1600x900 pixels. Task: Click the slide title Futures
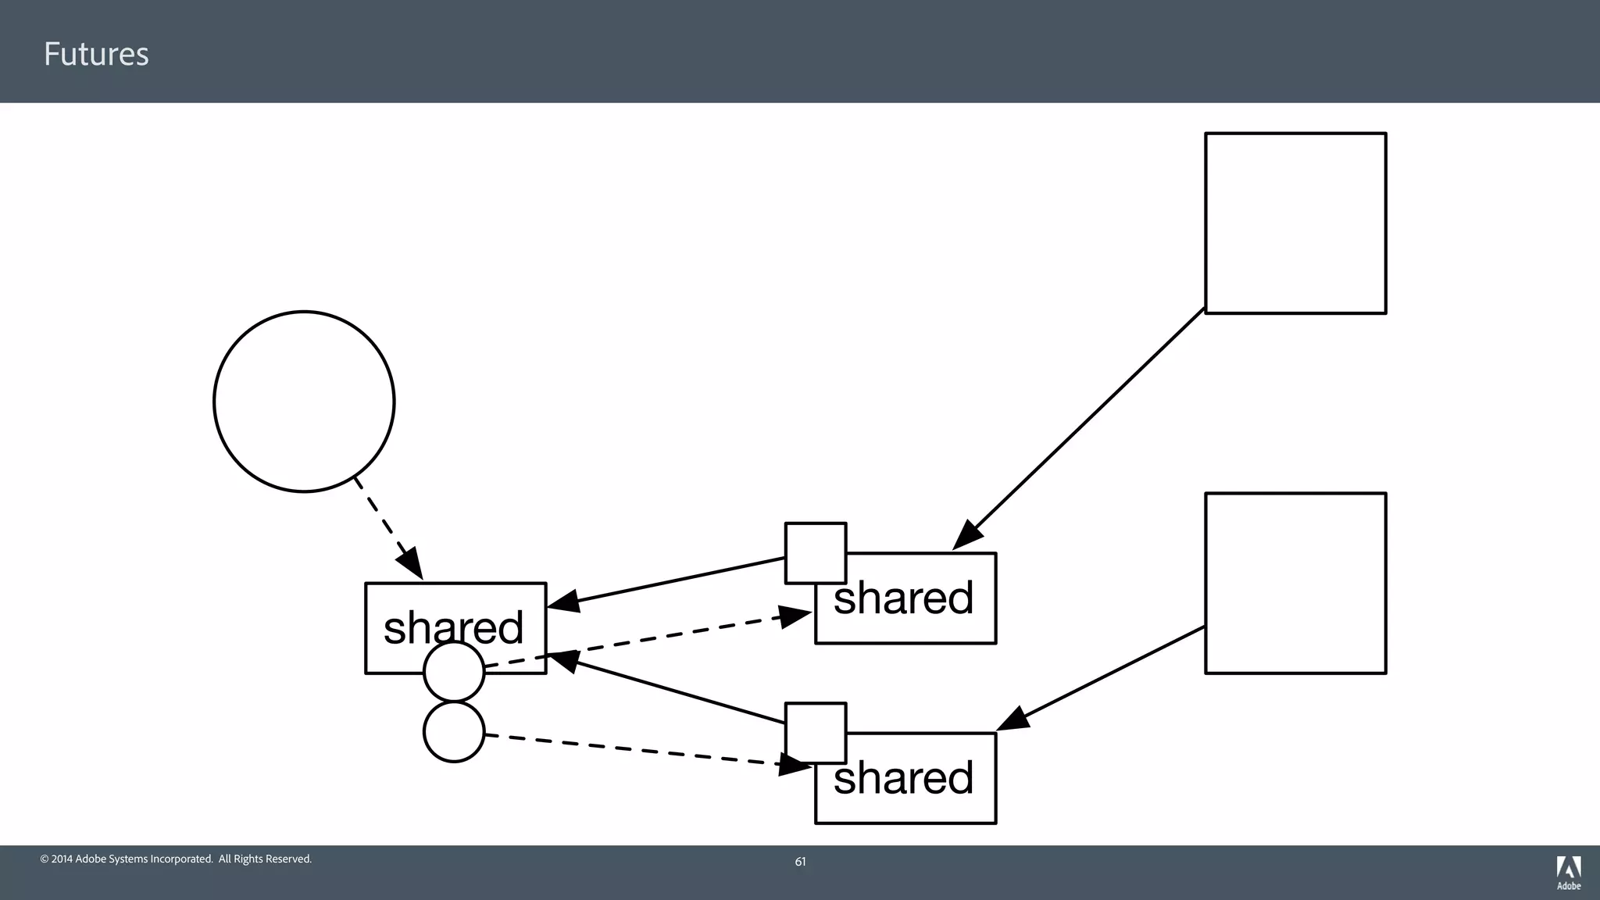point(96,54)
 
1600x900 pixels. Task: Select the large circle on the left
point(304,402)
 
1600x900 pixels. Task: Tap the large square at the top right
point(1295,223)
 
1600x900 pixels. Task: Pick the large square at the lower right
point(1295,583)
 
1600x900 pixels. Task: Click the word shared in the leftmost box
point(453,627)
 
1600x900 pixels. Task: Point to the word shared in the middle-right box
point(904,598)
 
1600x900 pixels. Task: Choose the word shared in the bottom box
point(904,778)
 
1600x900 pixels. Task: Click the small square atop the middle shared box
point(816,552)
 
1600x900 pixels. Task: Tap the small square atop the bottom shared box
point(816,732)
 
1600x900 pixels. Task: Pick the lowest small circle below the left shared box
point(454,732)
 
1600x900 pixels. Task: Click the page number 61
point(800,862)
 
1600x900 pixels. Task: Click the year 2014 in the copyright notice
point(62,859)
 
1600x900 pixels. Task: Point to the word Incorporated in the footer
point(180,859)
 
